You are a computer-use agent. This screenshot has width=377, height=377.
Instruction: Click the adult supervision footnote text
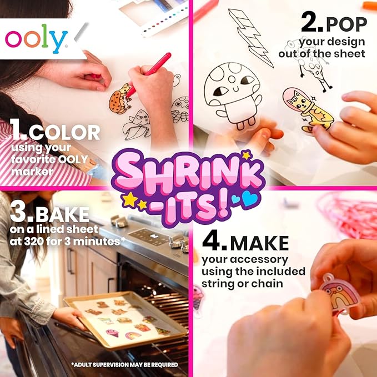coord(124,365)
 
